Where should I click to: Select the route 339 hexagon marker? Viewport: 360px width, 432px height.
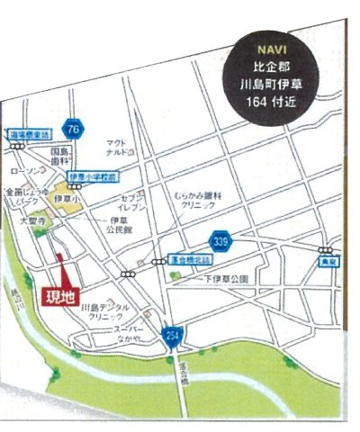[x=219, y=241]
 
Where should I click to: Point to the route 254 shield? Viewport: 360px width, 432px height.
[x=174, y=337]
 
